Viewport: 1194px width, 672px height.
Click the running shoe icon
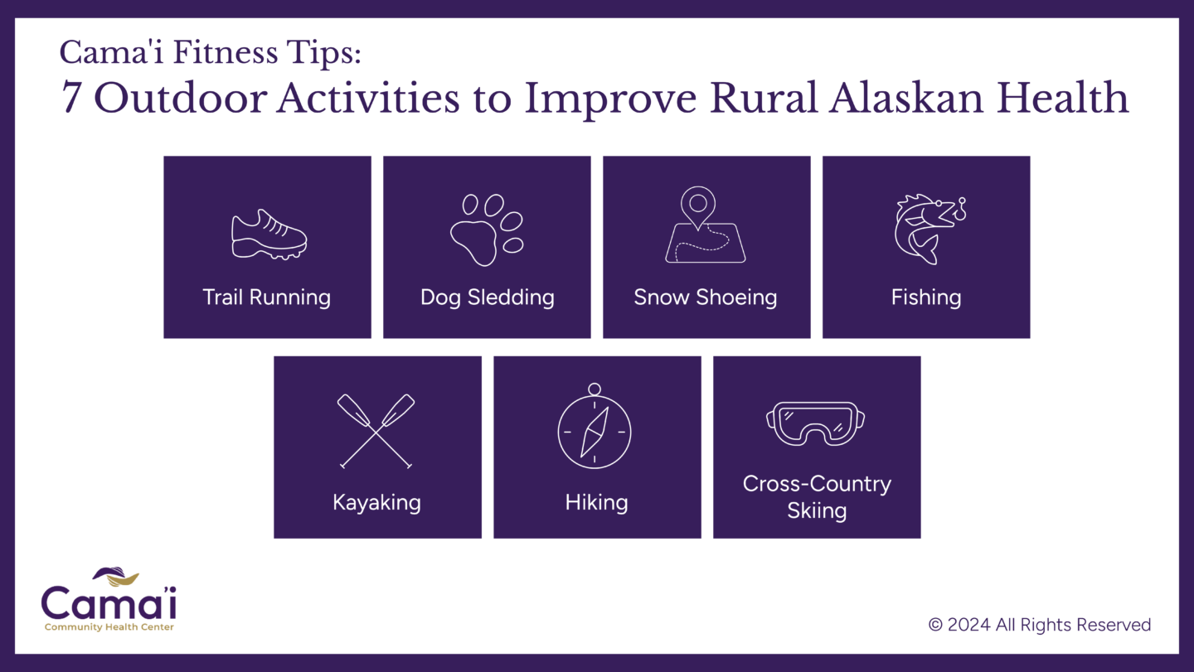[x=269, y=234]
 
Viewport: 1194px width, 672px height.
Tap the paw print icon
[x=487, y=230]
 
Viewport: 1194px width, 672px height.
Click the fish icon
[x=929, y=229]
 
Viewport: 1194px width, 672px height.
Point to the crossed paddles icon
[x=376, y=432]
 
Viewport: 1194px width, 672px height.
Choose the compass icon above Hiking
[x=595, y=426]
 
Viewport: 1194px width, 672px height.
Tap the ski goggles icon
[x=816, y=423]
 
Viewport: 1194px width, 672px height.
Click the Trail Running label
[x=266, y=297]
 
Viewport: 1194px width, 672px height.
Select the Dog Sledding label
[x=488, y=297]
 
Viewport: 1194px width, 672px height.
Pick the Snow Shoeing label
[x=705, y=297]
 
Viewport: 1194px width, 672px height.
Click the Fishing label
[x=926, y=297]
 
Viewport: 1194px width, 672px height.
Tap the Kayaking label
[x=376, y=502]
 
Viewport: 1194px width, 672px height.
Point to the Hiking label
[x=596, y=502]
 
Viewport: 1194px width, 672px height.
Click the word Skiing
[x=817, y=510]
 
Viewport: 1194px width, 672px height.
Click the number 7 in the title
[x=71, y=98]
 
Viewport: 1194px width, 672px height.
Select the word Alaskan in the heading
[x=905, y=98]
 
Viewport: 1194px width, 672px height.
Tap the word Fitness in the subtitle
[x=226, y=52]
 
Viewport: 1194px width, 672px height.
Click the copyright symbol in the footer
[x=935, y=625]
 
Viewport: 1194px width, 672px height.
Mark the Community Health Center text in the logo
[x=109, y=626]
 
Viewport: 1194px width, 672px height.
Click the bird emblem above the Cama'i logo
[x=116, y=576]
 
